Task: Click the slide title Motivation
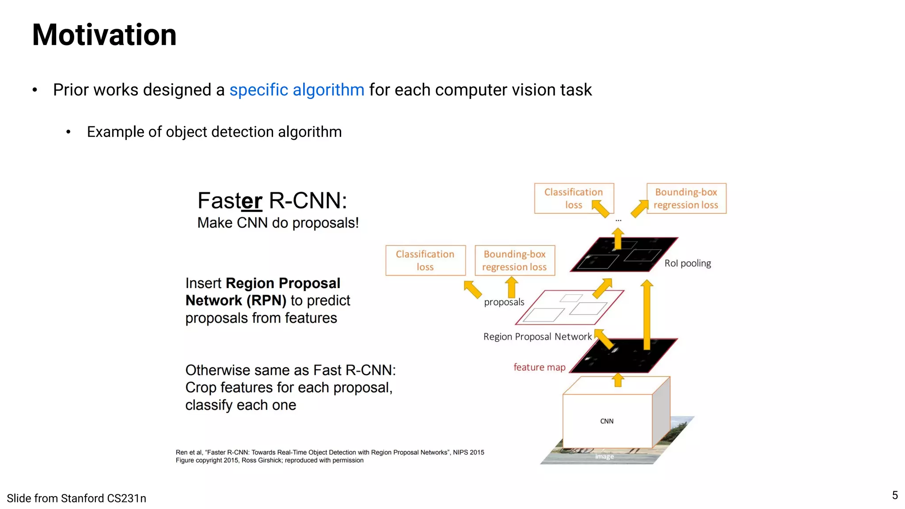click(x=104, y=35)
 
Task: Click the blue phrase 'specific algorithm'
click(x=297, y=90)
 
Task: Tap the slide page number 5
click(x=894, y=495)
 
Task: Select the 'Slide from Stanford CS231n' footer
click(x=76, y=498)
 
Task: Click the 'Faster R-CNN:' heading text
click(x=272, y=201)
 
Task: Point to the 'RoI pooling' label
click(x=688, y=263)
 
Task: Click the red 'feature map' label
click(x=539, y=367)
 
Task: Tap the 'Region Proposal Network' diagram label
click(x=537, y=337)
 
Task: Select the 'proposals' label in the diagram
click(x=504, y=302)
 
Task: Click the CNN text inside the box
click(x=607, y=421)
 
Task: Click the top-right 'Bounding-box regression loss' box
click(x=686, y=198)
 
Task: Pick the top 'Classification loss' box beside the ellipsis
click(x=574, y=198)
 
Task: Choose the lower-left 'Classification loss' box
click(x=425, y=260)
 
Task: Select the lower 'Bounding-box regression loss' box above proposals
click(x=514, y=260)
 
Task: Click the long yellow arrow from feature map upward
click(x=646, y=314)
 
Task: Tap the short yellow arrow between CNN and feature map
click(x=618, y=380)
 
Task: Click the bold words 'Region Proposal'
click(x=283, y=283)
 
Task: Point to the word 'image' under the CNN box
click(x=604, y=456)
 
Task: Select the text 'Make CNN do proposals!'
click(x=278, y=223)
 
